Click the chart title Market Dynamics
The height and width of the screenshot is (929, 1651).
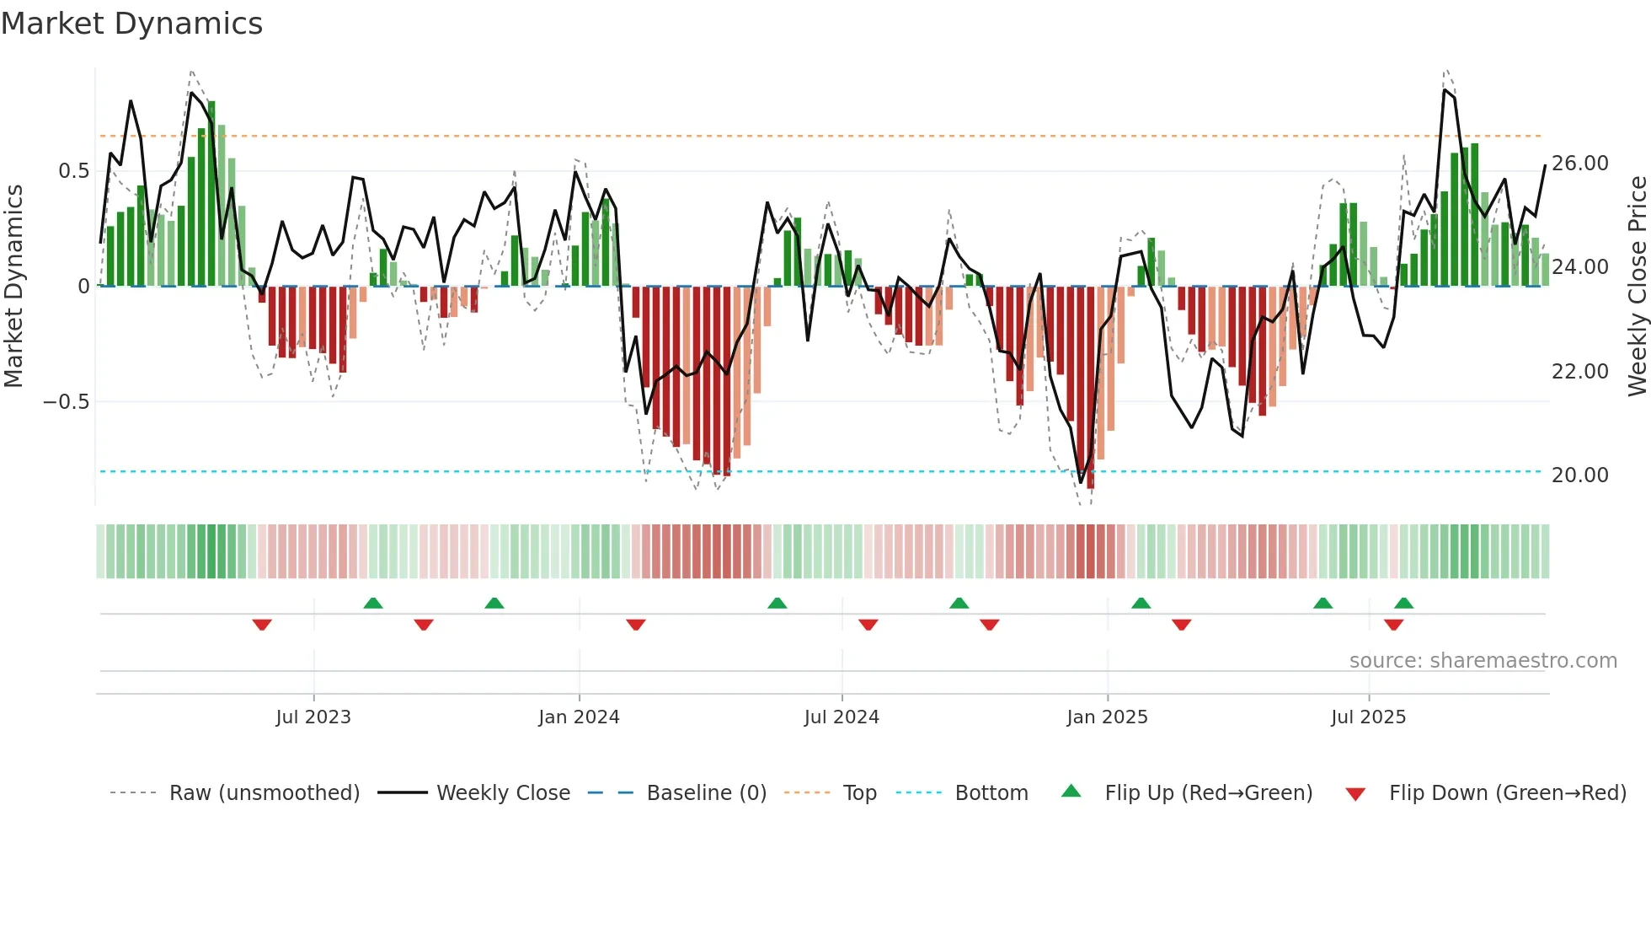coord(131,24)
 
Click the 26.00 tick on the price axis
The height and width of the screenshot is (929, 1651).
coord(1579,164)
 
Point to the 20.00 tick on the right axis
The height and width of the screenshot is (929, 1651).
coord(1579,475)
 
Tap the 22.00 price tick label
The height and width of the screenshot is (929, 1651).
coord(1579,372)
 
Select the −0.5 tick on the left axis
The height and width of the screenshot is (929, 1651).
coord(66,402)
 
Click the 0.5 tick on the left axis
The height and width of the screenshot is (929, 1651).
coord(73,171)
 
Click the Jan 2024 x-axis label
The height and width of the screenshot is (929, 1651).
coord(579,717)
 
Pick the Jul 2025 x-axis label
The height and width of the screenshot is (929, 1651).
coord(1368,717)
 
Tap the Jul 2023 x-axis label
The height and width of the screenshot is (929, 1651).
coord(313,717)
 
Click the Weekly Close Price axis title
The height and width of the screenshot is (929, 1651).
coord(1637,287)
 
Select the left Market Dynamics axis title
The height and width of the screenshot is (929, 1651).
coord(13,287)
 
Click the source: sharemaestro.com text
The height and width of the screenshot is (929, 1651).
coord(1483,661)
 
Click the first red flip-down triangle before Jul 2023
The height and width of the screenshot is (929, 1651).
coord(262,625)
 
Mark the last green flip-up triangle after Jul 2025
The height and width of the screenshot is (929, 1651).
coord(1403,603)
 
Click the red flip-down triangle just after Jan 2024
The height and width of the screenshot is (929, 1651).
coord(636,625)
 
